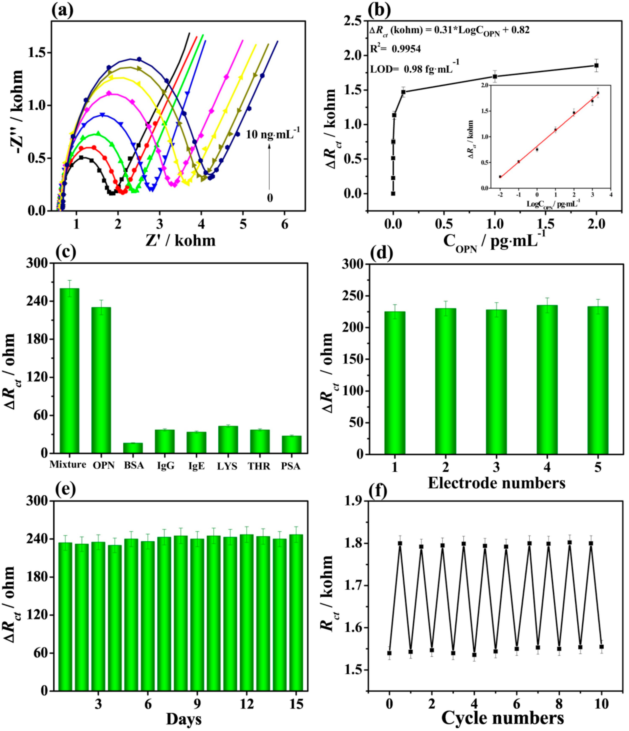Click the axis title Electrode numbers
tap(496, 483)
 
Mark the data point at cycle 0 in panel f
tap(389, 653)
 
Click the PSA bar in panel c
tap(291, 444)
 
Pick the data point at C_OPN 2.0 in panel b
tap(596, 65)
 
